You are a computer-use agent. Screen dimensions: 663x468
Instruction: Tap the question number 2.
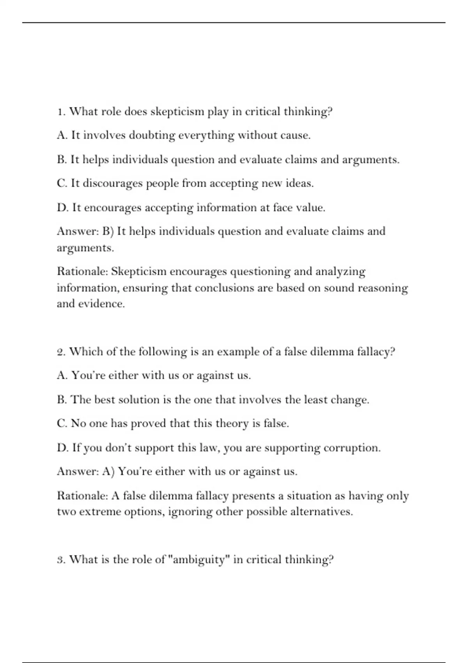pos(60,352)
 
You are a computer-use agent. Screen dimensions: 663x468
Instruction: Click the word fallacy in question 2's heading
pos(375,352)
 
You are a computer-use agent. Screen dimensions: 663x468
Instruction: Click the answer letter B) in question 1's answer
pos(108,231)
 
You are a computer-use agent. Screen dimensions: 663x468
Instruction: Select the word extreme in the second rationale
pos(100,512)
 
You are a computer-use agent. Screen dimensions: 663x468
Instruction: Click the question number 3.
pos(60,560)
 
